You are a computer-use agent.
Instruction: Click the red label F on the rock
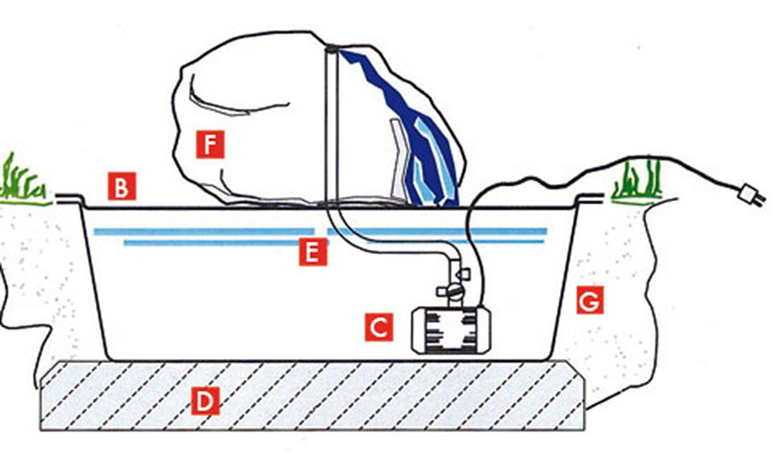click(210, 145)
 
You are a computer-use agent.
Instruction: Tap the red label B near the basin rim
click(122, 187)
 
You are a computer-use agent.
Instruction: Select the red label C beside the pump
click(378, 327)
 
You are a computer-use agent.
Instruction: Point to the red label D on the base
click(205, 401)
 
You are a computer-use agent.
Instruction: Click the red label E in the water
click(313, 252)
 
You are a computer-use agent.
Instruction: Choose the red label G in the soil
click(590, 300)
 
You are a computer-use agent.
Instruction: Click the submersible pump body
click(451, 330)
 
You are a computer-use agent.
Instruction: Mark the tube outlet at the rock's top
click(331, 49)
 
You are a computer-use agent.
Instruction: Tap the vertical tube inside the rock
click(331, 127)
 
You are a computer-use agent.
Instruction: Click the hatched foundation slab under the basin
click(312, 395)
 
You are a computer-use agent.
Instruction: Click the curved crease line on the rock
click(234, 99)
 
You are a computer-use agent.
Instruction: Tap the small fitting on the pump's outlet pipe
click(463, 273)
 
